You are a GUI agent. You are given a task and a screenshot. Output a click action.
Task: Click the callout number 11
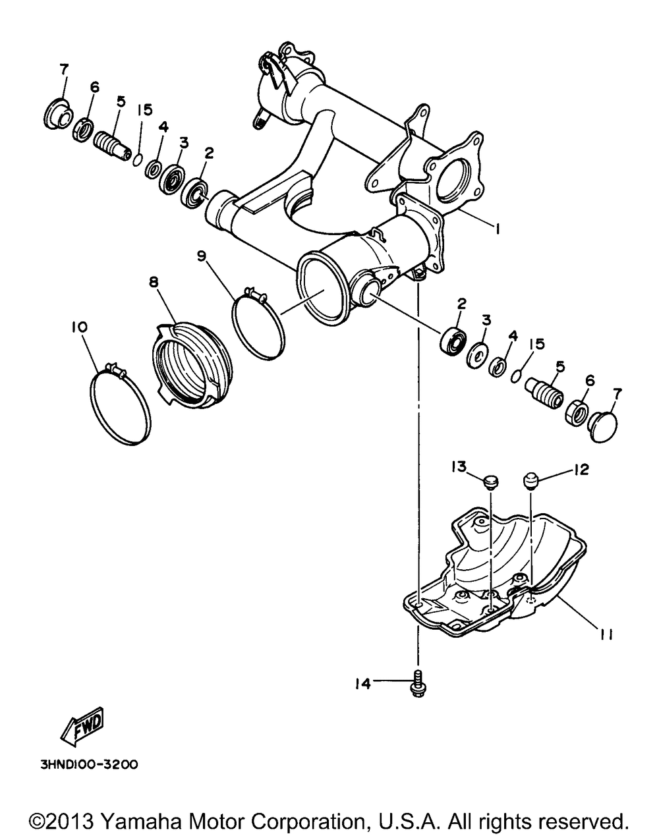[606, 634]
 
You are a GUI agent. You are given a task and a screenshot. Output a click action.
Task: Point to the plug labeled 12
[532, 481]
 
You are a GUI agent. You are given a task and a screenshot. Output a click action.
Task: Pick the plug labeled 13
[490, 483]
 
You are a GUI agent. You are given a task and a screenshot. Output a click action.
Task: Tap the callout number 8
[154, 282]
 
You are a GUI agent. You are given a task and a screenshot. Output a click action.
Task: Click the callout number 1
[498, 229]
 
